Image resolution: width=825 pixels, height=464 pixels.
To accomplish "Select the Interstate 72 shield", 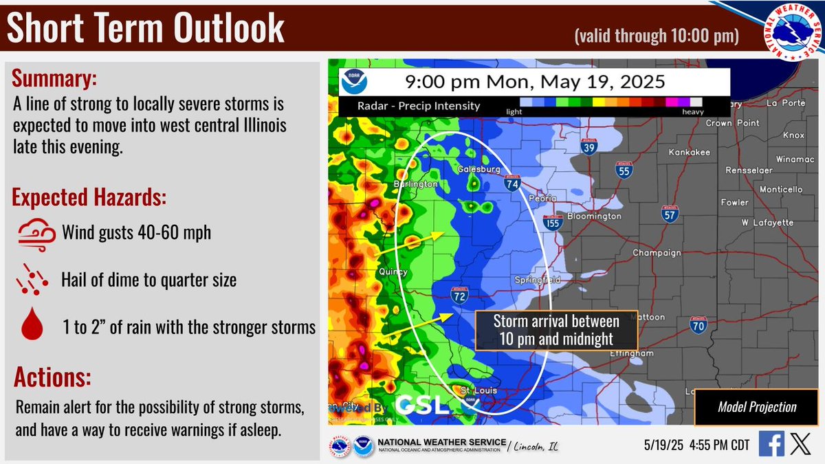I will [x=460, y=296].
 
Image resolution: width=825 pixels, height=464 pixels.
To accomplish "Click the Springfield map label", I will [x=538, y=280].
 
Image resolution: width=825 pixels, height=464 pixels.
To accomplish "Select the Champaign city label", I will [x=657, y=252].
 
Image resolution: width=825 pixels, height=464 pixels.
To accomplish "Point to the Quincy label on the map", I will [x=394, y=272].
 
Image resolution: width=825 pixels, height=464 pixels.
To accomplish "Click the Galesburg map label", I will [x=478, y=169].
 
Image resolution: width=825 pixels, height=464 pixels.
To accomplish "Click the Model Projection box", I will [x=757, y=407].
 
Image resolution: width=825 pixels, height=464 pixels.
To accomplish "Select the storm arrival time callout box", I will [x=556, y=330].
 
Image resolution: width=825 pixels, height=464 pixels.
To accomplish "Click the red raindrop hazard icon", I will [x=32, y=325].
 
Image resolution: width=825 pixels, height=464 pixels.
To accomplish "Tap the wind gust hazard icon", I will [x=32, y=233].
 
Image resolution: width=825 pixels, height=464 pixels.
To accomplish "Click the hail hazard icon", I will [x=32, y=279].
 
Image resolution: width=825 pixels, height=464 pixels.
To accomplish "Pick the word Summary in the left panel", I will [x=54, y=79].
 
